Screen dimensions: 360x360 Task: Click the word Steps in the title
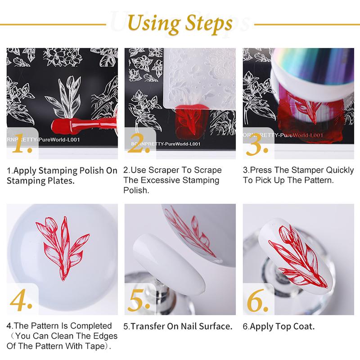click(209, 24)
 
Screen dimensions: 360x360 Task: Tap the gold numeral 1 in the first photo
click(22, 143)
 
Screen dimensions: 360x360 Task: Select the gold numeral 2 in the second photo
click(139, 143)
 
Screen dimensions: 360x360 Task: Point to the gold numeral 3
click(256, 144)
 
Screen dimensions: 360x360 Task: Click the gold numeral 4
click(21, 300)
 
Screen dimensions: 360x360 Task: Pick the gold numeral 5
click(139, 300)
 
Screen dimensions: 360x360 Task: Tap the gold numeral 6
click(257, 300)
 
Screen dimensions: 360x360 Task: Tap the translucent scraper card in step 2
click(199, 78)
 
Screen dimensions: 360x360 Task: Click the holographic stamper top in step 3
click(313, 69)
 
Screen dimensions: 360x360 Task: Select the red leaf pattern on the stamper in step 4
click(63, 248)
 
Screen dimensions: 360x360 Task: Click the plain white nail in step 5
click(169, 262)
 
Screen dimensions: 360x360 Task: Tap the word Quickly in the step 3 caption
click(340, 171)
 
